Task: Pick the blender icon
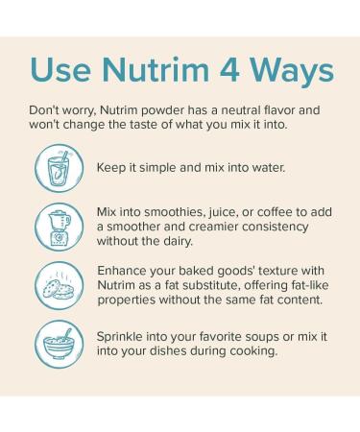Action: tap(56, 227)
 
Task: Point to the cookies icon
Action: tap(56, 285)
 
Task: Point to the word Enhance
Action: tap(124, 271)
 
